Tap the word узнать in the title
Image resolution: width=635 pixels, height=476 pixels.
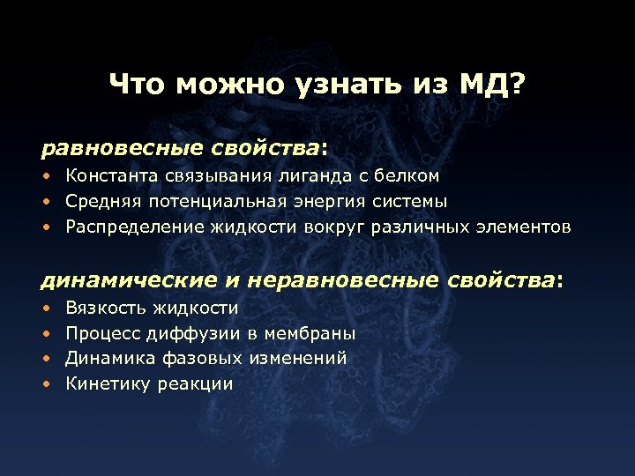coord(353,86)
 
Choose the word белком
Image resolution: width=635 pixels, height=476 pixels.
coord(409,176)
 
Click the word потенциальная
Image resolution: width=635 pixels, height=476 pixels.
coord(206,201)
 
